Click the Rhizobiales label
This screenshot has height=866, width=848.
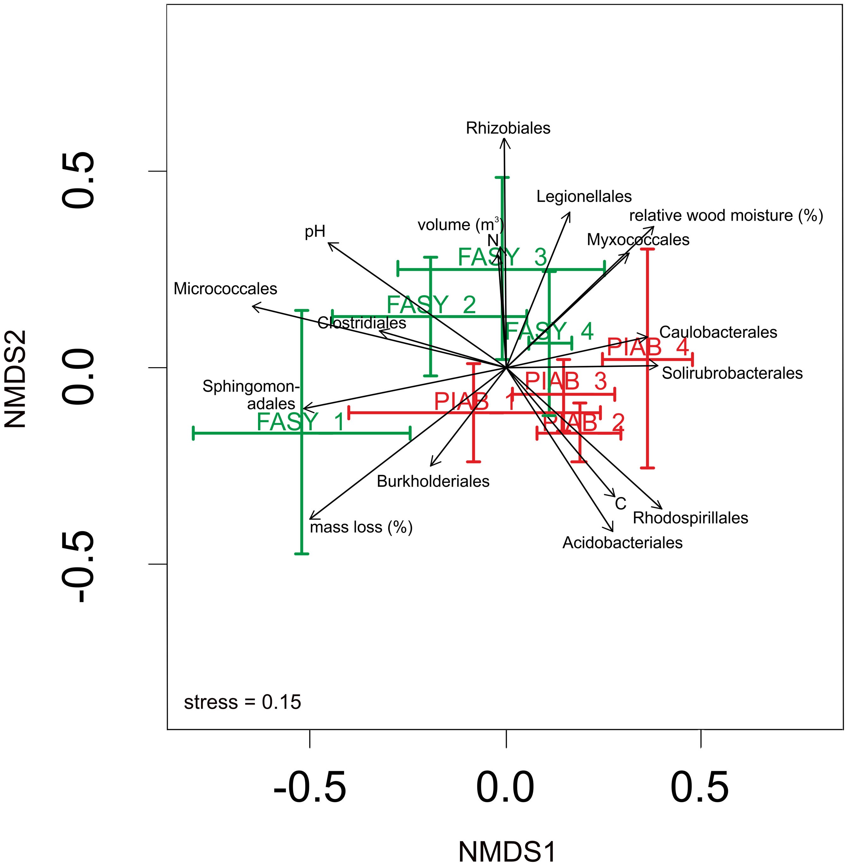click(x=508, y=128)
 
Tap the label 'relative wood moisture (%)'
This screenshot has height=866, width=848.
click(x=726, y=216)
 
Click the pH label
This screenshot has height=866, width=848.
click(x=315, y=232)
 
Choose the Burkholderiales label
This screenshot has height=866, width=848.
click(x=433, y=481)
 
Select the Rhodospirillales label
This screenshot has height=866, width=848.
click(x=690, y=518)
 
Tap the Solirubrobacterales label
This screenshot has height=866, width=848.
click(x=732, y=373)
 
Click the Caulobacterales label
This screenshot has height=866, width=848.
click(x=718, y=332)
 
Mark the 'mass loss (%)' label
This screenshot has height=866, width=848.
click(x=361, y=527)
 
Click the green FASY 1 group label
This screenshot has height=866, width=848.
click(x=301, y=422)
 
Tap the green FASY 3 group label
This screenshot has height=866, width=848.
click(x=502, y=257)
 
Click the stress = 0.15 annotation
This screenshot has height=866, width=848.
click(x=242, y=702)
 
